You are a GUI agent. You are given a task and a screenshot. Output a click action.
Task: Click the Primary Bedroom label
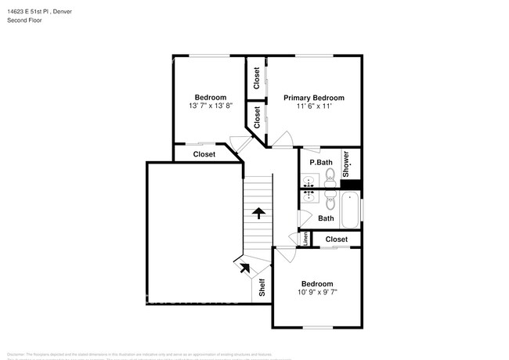(313, 98)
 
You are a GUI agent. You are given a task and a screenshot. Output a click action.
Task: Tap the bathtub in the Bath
(350, 211)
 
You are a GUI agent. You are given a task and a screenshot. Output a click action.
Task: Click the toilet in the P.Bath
(330, 173)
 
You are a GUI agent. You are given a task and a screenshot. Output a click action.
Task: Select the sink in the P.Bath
(309, 177)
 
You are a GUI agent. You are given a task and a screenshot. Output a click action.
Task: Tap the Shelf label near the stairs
(262, 287)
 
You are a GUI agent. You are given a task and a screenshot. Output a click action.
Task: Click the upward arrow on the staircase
(258, 211)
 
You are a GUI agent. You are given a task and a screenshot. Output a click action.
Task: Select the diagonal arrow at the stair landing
(244, 267)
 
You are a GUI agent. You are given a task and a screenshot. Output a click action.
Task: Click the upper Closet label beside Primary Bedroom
(257, 77)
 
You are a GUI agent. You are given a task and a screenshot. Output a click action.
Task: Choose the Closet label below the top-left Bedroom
(204, 154)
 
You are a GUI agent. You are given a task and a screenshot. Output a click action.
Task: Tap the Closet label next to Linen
(336, 239)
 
